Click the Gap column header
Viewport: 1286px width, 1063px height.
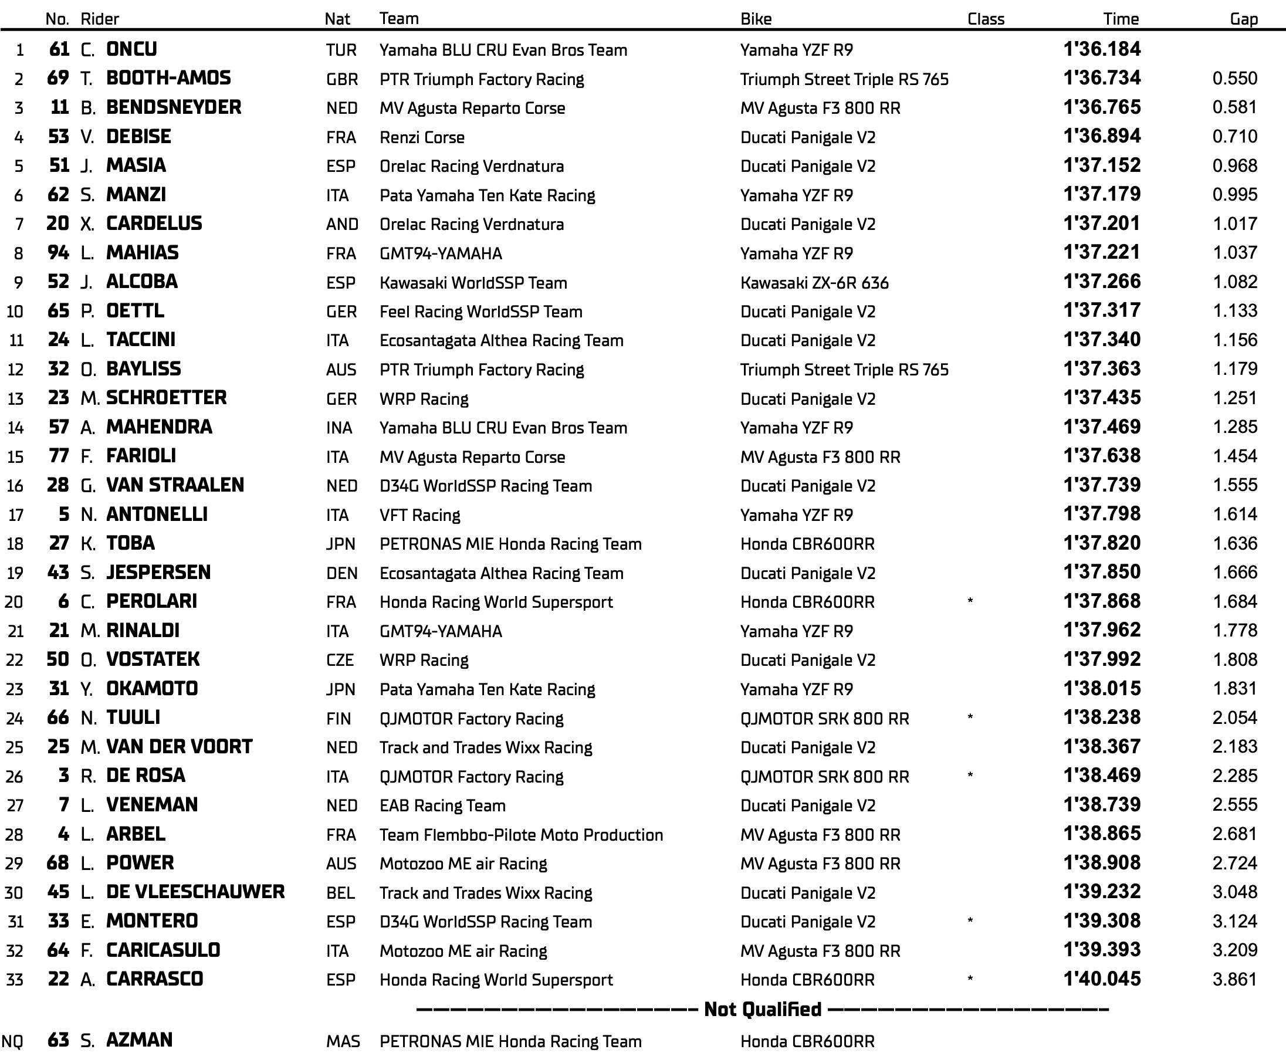coord(1243,19)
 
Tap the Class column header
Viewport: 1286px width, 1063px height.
coord(985,19)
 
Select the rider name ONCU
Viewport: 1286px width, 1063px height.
coord(131,49)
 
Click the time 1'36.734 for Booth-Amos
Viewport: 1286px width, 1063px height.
coord(1102,78)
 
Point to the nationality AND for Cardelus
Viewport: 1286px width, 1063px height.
coord(341,224)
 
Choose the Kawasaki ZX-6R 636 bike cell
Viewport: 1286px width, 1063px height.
coord(814,282)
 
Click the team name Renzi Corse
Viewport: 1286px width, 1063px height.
coord(422,137)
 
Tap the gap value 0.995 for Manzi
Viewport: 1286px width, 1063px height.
coord(1234,195)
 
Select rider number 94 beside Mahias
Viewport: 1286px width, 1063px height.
coord(58,252)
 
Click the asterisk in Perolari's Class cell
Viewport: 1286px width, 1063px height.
coord(970,601)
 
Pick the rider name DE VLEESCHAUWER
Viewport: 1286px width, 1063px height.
coord(195,892)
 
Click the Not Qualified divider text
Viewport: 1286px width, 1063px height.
coord(763,1009)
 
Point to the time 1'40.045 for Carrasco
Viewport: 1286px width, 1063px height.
coord(1102,979)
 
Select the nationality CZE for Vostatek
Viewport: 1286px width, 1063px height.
coord(340,660)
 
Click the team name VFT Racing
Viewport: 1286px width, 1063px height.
coord(419,515)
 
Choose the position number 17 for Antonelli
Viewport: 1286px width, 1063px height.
coord(15,515)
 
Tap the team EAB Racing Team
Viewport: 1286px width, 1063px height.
coord(442,805)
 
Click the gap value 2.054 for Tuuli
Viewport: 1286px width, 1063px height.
coord(1234,717)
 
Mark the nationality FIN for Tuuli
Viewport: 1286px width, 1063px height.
coord(339,718)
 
